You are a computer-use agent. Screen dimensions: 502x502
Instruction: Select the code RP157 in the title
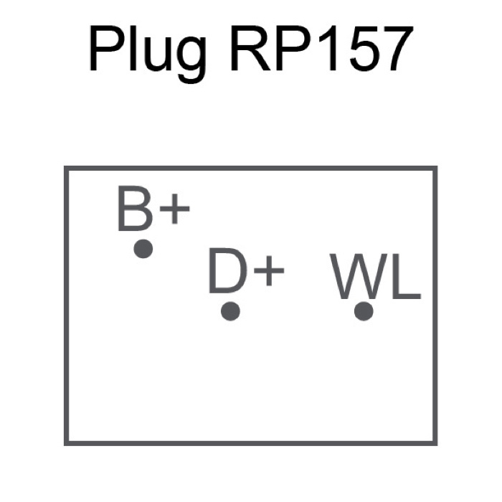click(x=322, y=48)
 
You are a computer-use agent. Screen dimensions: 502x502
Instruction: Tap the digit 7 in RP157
click(x=396, y=49)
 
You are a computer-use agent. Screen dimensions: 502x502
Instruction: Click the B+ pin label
click(x=153, y=209)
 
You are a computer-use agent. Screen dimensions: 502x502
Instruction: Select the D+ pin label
click(x=247, y=271)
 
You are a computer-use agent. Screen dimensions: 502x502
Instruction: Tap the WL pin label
click(x=375, y=277)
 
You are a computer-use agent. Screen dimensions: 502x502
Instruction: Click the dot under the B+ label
click(x=143, y=249)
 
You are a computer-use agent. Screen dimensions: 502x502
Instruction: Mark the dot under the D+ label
click(x=230, y=311)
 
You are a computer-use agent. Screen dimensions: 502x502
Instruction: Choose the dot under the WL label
click(x=364, y=311)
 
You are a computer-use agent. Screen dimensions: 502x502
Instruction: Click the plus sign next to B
click(x=175, y=209)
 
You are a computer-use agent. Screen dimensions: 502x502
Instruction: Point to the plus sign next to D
click(x=269, y=271)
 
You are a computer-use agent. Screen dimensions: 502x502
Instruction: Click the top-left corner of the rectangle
click(x=66, y=168)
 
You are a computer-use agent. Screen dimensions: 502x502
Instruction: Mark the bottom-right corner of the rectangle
click(x=435, y=443)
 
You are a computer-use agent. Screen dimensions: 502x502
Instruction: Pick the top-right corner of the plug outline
click(x=435, y=168)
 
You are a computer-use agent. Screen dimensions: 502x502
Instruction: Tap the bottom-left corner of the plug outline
click(x=66, y=443)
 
